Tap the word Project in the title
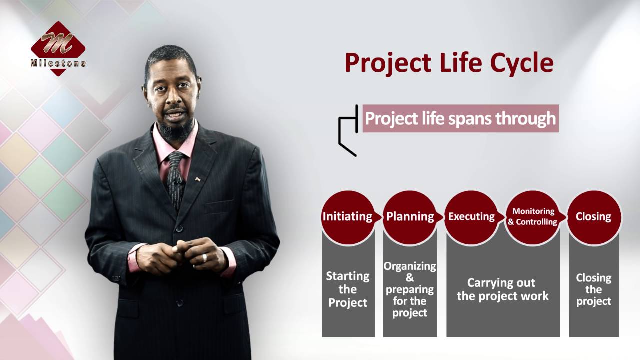click(x=388, y=63)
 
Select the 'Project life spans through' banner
click(x=460, y=118)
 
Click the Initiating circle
click(x=347, y=216)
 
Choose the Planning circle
click(x=410, y=216)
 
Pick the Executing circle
click(x=471, y=216)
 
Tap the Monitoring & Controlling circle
click(x=533, y=217)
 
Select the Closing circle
click(x=593, y=216)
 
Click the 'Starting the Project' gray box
click(x=348, y=289)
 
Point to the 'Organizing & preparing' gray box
click(x=410, y=289)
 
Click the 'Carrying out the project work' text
click(x=502, y=289)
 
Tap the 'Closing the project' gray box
click(x=594, y=289)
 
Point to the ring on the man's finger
click(x=204, y=257)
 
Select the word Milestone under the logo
click(x=58, y=63)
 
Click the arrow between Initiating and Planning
click(x=379, y=217)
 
